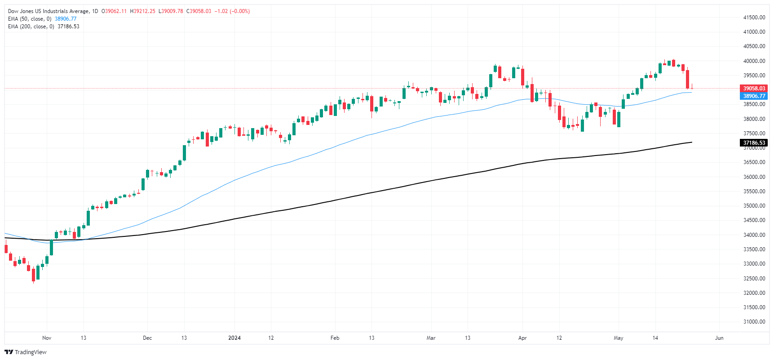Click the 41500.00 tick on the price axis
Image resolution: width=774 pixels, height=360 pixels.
(x=754, y=18)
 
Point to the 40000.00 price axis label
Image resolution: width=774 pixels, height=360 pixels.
(x=754, y=61)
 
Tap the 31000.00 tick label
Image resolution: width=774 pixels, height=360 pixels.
(x=754, y=322)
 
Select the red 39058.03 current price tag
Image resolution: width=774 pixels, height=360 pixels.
(x=754, y=89)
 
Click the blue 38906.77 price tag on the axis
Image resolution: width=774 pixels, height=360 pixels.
(x=754, y=96)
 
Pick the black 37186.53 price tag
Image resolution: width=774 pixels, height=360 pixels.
(x=754, y=143)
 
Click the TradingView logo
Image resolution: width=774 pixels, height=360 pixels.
(x=26, y=352)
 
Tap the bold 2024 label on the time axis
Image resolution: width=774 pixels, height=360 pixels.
(x=234, y=338)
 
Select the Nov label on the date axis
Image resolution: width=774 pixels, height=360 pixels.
(x=47, y=338)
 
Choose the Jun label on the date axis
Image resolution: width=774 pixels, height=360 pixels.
(x=719, y=338)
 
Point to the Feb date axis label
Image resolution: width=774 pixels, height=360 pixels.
(x=335, y=338)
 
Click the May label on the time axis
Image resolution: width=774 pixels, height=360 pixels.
(x=619, y=338)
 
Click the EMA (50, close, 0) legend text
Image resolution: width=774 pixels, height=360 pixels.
(x=30, y=19)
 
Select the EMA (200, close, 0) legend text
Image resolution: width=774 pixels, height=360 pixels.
(x=31, y=27)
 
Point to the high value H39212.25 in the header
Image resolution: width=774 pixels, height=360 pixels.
(x=142, y=11)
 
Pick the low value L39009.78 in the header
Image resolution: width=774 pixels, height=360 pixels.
(x=170, y=11)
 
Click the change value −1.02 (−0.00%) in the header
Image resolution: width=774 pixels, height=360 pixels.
(x=232, y=11)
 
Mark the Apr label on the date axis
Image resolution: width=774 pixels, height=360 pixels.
(x=522, y=338)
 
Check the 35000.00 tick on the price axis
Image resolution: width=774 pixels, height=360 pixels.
(x=754, y=206)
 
